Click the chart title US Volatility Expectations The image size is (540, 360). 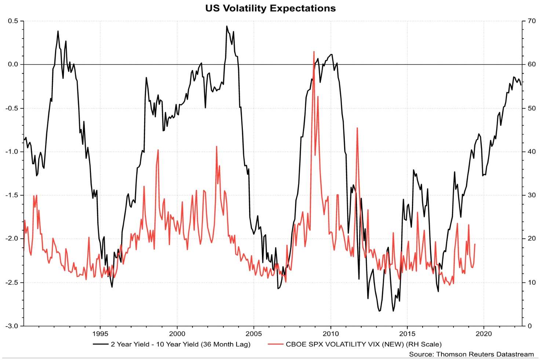pyautogui.click(x=270, y=8)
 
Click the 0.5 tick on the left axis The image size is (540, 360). pyautogui.click(x=13, y=21)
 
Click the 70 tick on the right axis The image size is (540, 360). pyautogui.click(x=532, y=21)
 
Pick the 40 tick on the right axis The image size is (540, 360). pyautogui.click(x=532, y=152)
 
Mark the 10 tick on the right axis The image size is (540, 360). pyautogui.click(x=532, y=283)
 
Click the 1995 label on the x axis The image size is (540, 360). pyautogui.click(x=100, y=334)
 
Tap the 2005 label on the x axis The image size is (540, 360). pyautogui.click(x=253, y=334)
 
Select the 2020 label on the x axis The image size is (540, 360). pyautogui.click(x=484, y=334)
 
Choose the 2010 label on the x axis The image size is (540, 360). pyautogui.click(x=331, y=334)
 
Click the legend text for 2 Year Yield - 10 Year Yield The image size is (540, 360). pyautogui.click(x=180, y=344)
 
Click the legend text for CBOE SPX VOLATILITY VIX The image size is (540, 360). pyautogui.click(x=364, y=344)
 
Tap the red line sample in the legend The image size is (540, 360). pyautogui.click(x=276, y=344)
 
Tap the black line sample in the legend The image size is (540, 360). pyautogui.click(x=101, y=344)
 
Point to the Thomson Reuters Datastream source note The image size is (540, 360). pyautogui.click(x=471, y=354)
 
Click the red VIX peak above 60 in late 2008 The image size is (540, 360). pyautogui.click(x=314, y=52)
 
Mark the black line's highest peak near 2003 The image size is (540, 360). pyautogui.click(x=227, y=26)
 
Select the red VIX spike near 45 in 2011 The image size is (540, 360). pyautogui.click(x=357, y=128)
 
